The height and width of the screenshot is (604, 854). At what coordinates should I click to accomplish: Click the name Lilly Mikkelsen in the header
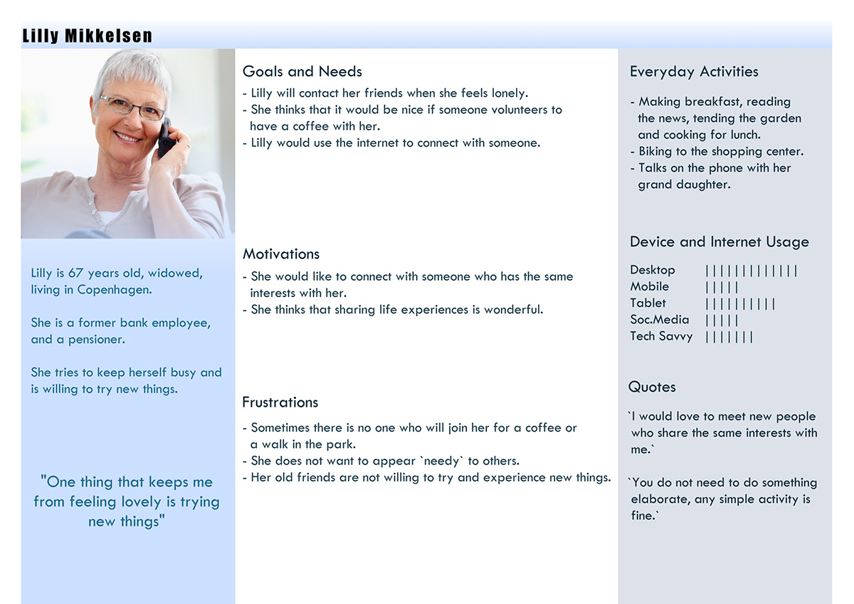(x=88, y=36)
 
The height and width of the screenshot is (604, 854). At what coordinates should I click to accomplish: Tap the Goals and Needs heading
(x=302, y=71)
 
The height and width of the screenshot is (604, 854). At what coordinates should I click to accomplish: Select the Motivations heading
(x=281, y=254)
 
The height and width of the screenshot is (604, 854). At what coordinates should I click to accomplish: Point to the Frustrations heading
(x=280, y=402)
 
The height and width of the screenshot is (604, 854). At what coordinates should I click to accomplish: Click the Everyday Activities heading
(x=694, y=72)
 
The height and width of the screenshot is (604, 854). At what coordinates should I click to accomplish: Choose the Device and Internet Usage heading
(x=719, y=242)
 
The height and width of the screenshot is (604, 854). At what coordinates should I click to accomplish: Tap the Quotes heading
(x=652, y=387)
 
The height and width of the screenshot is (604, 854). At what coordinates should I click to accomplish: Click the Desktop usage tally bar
(x=751, y=271)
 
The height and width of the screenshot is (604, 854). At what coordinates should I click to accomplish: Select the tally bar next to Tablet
(x=740, y=304)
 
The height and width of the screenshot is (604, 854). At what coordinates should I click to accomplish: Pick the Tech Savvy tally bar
(x=729, y=338)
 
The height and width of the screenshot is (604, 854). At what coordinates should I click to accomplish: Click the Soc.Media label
(x=660, y=319)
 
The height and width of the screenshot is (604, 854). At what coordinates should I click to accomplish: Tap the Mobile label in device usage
(x=649, y=286)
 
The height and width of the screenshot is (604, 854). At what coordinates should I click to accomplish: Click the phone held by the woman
(x=167, y=138)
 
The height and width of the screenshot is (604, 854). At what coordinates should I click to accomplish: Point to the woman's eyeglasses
(x=132, y=107)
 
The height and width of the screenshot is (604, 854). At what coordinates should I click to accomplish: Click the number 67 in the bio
(x=75, y=274)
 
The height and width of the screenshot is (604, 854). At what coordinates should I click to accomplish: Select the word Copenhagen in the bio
(x=115, y=290)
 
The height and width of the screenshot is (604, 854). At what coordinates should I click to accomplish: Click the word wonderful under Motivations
(x=514, y=309)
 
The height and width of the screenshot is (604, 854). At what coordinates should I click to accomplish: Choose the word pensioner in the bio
(x=97, y=340)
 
